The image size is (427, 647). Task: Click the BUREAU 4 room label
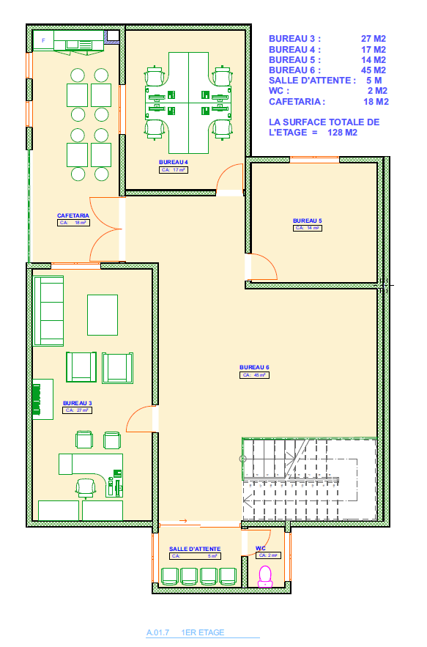pyautogui.click(x=174, y=161)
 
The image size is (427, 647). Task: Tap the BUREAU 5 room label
pyautogui.click(x=307, y=221)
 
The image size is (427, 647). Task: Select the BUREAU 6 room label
pyautogui.click(x=254, y=366)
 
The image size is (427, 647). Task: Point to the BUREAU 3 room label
pyautogui.click(x=77, y=403)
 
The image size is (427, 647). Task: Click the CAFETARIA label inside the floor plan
pyautogui.click(x=73, y=215)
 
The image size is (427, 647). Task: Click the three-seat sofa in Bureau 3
pyautogui.click(x=49, y=311)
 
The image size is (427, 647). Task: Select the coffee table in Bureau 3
pyautogui.click(x=103, y=314)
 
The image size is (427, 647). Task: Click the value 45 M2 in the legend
pyautogui.click(x=373, y=70)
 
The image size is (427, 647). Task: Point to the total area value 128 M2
pyautogui.click(x=343, y=133)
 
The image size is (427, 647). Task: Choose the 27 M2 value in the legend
pyautogui.click(x=373, y=38)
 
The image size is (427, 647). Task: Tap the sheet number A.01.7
pyautogui.click(x=157, y=632)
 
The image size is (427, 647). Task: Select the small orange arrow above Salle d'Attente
pyautogui.click(x=183, y=521)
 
